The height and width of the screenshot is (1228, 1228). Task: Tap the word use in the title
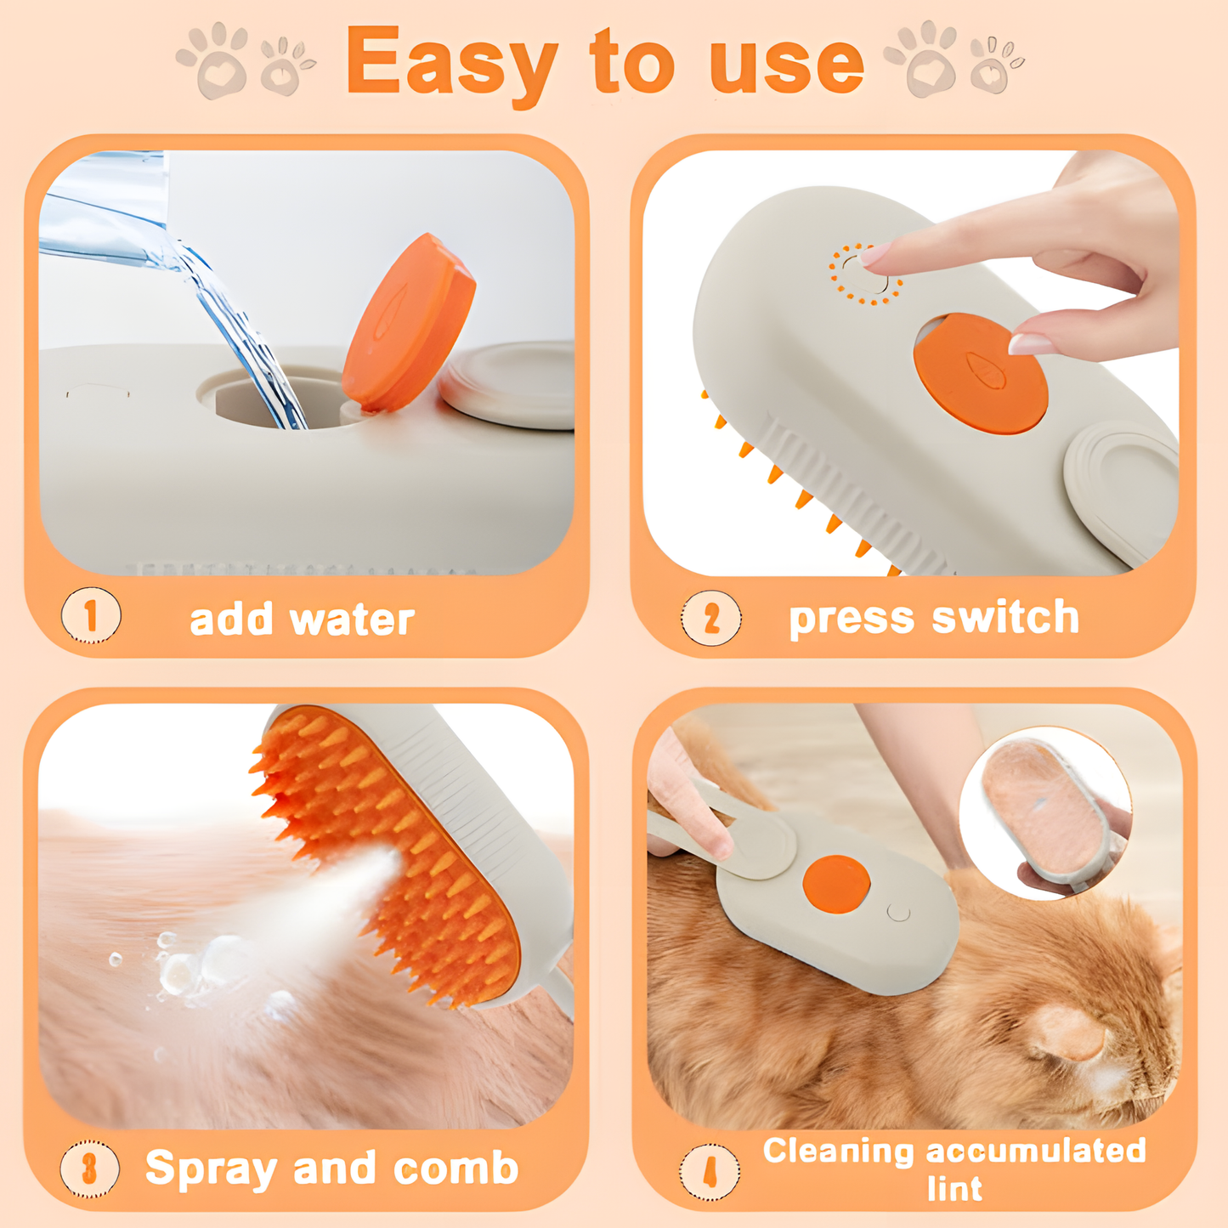click(786, 64)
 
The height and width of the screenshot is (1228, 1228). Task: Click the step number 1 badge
click(91, 615)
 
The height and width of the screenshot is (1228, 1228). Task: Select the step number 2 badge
click(710, 618)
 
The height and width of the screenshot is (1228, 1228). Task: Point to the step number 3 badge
click(89, 1169)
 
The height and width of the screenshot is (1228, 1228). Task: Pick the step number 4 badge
click(709, 1173)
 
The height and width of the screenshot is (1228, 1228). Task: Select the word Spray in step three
click(211, 1169)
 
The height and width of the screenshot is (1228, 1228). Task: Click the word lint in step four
click(954, 1188)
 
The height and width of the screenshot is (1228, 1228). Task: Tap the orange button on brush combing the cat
click(836, 884)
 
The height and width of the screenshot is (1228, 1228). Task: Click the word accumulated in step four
click(1036, 1151)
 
